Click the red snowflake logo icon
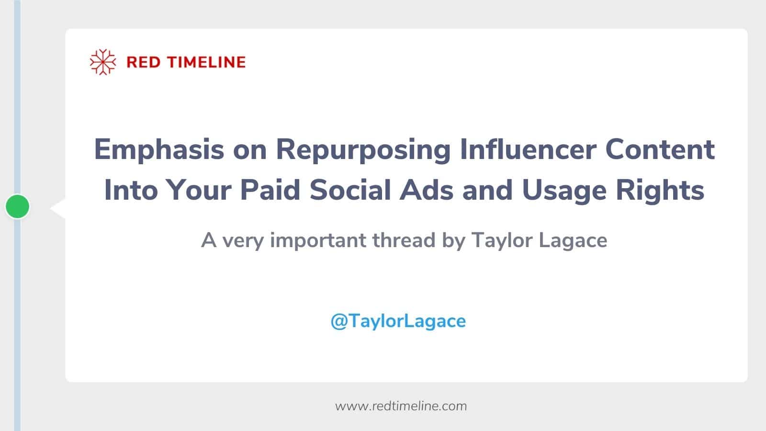pos(103,62)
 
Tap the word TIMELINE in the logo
pos(206,62)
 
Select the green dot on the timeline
pos(18,206)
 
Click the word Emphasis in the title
pos(158,149)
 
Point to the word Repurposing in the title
pos(363,149)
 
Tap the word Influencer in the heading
pos(528,149)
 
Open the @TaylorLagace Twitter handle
pos(398,321)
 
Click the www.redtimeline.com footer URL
pos(401,406)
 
